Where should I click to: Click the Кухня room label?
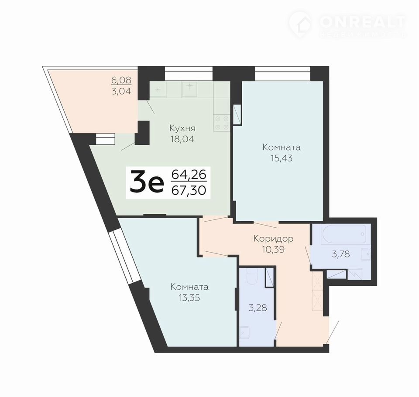coord(182,129)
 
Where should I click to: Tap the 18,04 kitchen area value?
coord(182,139)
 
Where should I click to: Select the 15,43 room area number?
coord(282,158)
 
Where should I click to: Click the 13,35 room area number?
coord(189,298)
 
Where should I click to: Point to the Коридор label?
coord(273,239)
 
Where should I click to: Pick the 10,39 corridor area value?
coord(273,249)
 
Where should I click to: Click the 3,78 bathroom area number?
coord(341,254)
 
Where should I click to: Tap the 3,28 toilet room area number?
coord(258,308)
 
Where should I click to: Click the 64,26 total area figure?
coord(189,175)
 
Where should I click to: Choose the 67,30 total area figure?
coord(189,191)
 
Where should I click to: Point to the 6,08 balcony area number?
coord(121,80)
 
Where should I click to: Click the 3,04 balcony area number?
coord(121,91)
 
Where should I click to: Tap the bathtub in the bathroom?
coord(344,234)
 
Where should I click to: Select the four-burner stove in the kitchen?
coord(222,123)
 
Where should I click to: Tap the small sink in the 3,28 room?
coord(244,332)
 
